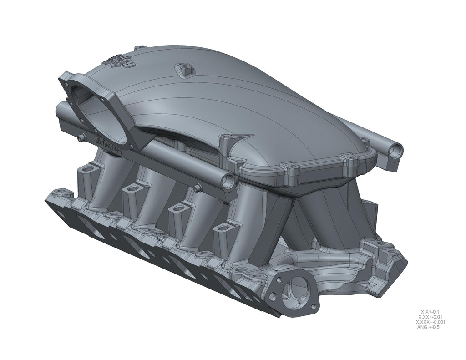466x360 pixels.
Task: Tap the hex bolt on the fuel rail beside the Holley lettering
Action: [x=81, y=137]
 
